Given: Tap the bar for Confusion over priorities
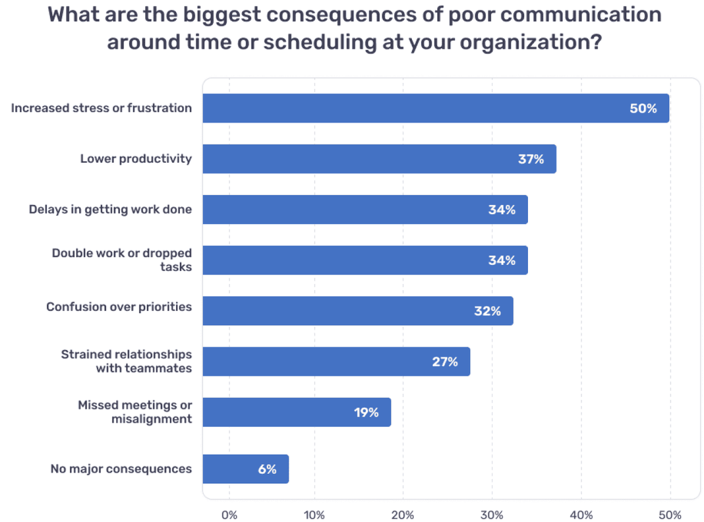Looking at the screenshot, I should [x=358, y=311].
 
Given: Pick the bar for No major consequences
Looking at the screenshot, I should [x=245, y=470].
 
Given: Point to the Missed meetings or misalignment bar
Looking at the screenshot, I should [x=296, y=412].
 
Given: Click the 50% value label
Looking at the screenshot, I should [x=643, y=109].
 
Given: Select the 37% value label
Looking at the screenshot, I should [x=530, y=159].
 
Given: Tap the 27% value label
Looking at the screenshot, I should [x=445, y=362].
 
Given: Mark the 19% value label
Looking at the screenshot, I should [x=366, y=412].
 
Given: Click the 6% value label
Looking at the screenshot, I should [x=267, y=470].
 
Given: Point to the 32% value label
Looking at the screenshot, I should [x=487, y=311].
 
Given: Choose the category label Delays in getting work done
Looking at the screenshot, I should [x=110, y=209].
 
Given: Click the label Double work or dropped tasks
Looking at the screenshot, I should [x=122, y=260].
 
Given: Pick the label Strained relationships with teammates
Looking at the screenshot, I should [x=126, y=362].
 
